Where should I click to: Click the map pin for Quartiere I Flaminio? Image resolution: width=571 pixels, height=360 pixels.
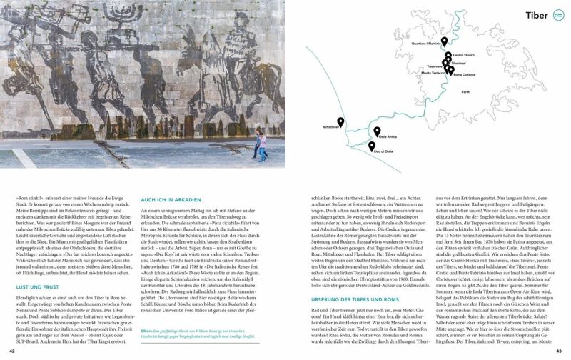pyautogui.click(x=444, y=42)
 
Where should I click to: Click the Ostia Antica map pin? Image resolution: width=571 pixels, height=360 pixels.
pyautogui.click(x=377, y=131)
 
